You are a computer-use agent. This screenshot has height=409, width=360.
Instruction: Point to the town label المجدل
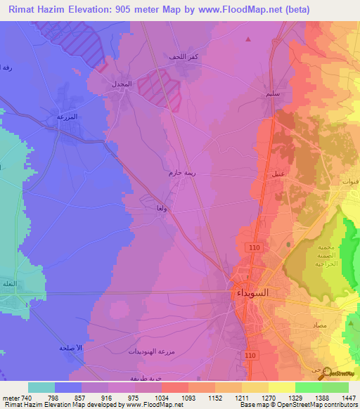pyautogui.click(x=122, y=84)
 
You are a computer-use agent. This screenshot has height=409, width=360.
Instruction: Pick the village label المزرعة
pyautogui.click(x=66, y=116)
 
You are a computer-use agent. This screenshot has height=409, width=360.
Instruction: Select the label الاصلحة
pyautogui.click(x=71, y=348)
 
